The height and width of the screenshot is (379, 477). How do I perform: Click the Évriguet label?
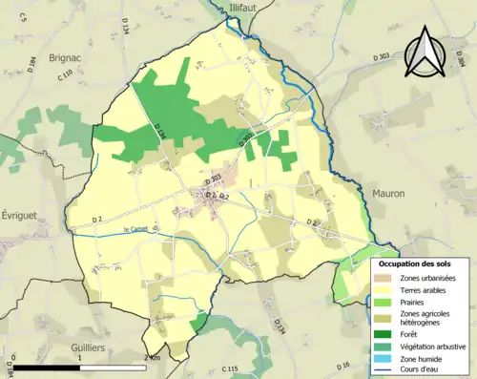tap(18, 216)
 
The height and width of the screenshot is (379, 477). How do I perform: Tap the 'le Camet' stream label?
tap(138, 228)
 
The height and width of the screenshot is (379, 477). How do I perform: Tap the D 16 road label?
tap(345, 365)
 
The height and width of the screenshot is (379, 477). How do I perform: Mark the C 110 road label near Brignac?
tap(65, 74)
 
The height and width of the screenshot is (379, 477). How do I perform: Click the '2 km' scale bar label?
tap(151, 357)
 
